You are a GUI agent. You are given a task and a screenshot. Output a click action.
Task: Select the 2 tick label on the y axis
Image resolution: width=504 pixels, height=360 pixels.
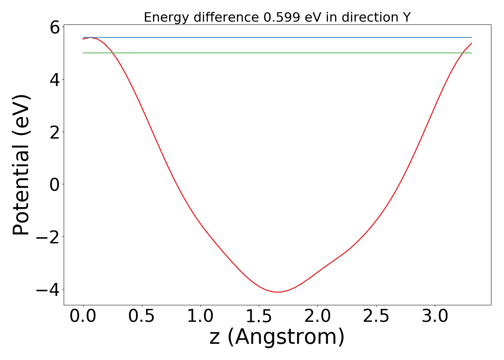(54, 132)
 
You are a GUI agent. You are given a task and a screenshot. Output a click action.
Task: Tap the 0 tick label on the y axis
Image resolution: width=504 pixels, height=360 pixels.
(54, 184)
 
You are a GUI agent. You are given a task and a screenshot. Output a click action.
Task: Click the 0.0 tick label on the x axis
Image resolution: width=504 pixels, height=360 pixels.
(83, 316)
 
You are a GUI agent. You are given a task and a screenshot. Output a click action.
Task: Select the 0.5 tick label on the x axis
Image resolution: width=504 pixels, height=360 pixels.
(142, 316)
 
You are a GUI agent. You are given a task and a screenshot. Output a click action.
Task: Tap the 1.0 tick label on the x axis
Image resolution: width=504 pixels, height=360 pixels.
(201, 316)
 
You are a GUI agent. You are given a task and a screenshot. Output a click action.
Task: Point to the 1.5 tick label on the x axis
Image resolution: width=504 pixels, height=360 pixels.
(259, 316)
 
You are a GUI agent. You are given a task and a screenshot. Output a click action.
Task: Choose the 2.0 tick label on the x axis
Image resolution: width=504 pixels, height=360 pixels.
(318, 316)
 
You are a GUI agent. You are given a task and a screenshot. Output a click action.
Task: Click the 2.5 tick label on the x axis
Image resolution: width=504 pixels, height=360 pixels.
(377, 316)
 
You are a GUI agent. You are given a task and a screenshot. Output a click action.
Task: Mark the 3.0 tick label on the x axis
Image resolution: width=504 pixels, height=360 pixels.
(435, 316)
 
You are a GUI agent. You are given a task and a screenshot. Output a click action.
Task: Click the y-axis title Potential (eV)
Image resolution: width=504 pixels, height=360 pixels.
(22, 165)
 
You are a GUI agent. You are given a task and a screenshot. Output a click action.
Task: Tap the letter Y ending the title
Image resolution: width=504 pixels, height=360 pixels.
(407, 17)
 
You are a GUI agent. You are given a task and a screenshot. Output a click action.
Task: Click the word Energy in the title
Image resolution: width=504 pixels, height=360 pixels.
(161, 17)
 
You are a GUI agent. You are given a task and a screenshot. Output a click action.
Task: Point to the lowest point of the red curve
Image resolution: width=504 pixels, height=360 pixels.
(277, 292)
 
